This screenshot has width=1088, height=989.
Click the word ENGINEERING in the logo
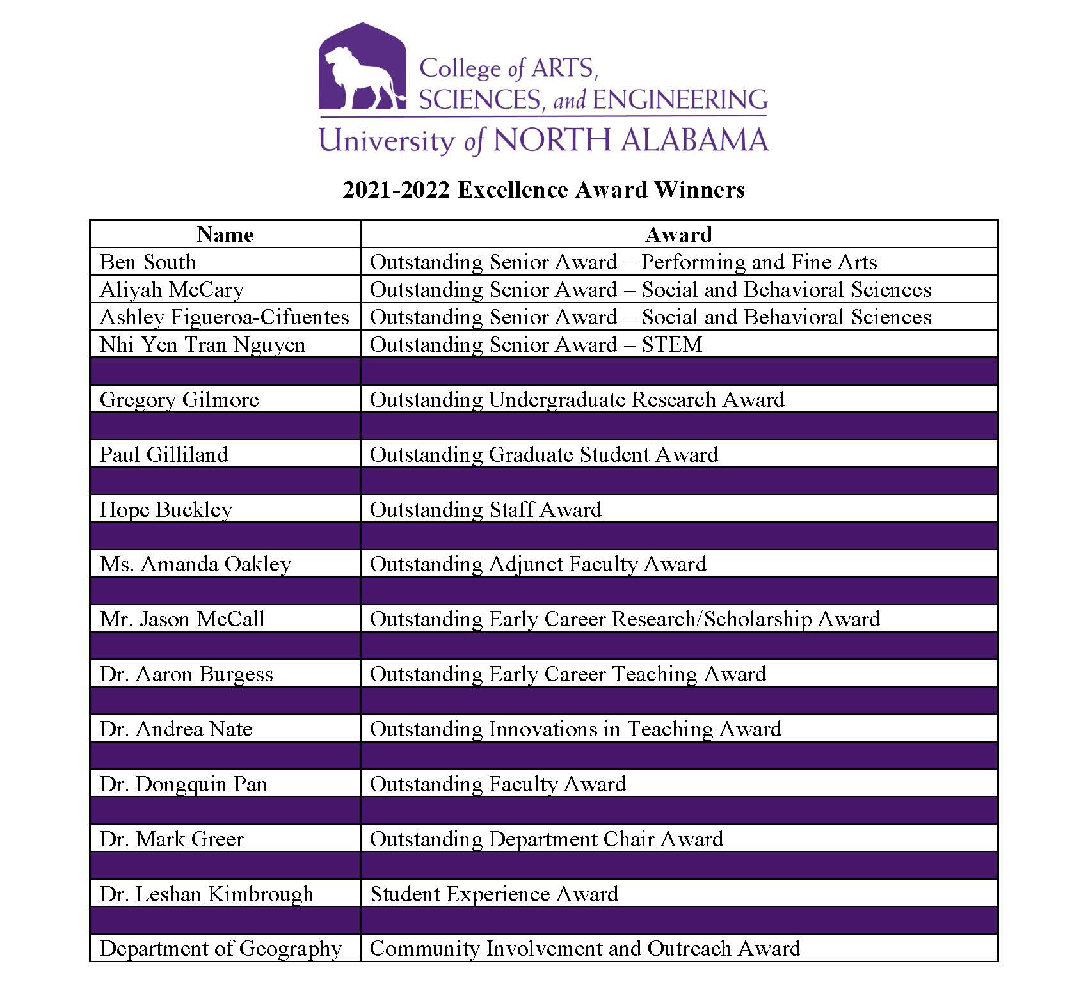pyautogui.click(x=680, y=100)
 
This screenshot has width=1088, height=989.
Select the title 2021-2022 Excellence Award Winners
pyautogui.click(x=543, y=190)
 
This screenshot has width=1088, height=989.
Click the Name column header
pyautogui.click(x=225, y=235)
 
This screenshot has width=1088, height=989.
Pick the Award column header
pyautogui.click(x=678, y=235)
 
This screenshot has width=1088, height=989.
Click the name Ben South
pyautogui.click(x=148, y=262)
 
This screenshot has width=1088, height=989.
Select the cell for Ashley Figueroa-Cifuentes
pyautogui.click(x=225, y=317)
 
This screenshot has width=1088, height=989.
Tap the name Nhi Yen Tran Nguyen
pyautogui.click(x=202, y=345)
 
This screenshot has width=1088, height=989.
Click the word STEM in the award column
pyautogui.click(x=672, y=345)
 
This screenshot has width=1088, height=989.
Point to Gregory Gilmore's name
pyautogui.click(x=179, y=400)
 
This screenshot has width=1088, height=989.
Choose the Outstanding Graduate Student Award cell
pyautogui.click(x=544, y=455)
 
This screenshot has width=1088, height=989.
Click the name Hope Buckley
pyautogui.click(x=166, y=510)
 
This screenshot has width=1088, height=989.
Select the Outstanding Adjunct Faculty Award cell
pyautogui.click(x=538, y=564)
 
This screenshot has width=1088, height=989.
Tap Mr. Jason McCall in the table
pyautogui.click(x=182, y=619)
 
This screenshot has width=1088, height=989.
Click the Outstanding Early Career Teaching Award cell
pyautogui.click(x=568, y=674)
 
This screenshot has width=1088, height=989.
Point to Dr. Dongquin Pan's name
pyautogui.click(x=183, y=784)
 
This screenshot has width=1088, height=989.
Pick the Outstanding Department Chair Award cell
pyautogui.click(x=547, y=839)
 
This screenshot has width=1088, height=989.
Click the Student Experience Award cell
pyautogui.click(x=494, y=894)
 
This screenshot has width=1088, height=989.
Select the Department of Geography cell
pyautogui.click(x=221, y=949)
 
